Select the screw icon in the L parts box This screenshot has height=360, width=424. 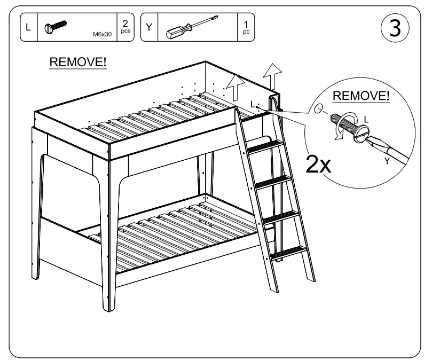click(56, 26)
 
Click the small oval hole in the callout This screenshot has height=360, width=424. click(319, 109)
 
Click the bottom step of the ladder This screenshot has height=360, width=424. click(289, 251)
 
